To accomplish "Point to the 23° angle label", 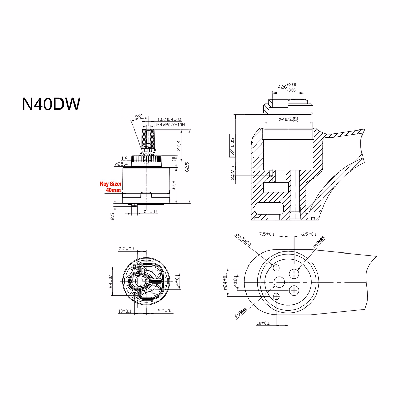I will (x=138, y=117).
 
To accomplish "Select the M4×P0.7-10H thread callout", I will (x=170, y=125).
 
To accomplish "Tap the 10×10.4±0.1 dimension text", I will (x=169, y=120).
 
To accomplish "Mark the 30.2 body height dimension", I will (x=174, y=185).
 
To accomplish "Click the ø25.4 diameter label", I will (x=121, y=164).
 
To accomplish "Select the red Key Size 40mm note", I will (x=110, y=187).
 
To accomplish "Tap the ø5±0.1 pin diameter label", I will (x=151, y=212).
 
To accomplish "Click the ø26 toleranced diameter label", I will (x=286, y=87).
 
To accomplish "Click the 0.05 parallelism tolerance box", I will (x=232, y=145).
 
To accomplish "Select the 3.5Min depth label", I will (x=233, y=173).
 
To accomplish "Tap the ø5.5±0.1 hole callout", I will (x=244, y=240).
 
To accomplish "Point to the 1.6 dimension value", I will (x=124, y=159).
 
